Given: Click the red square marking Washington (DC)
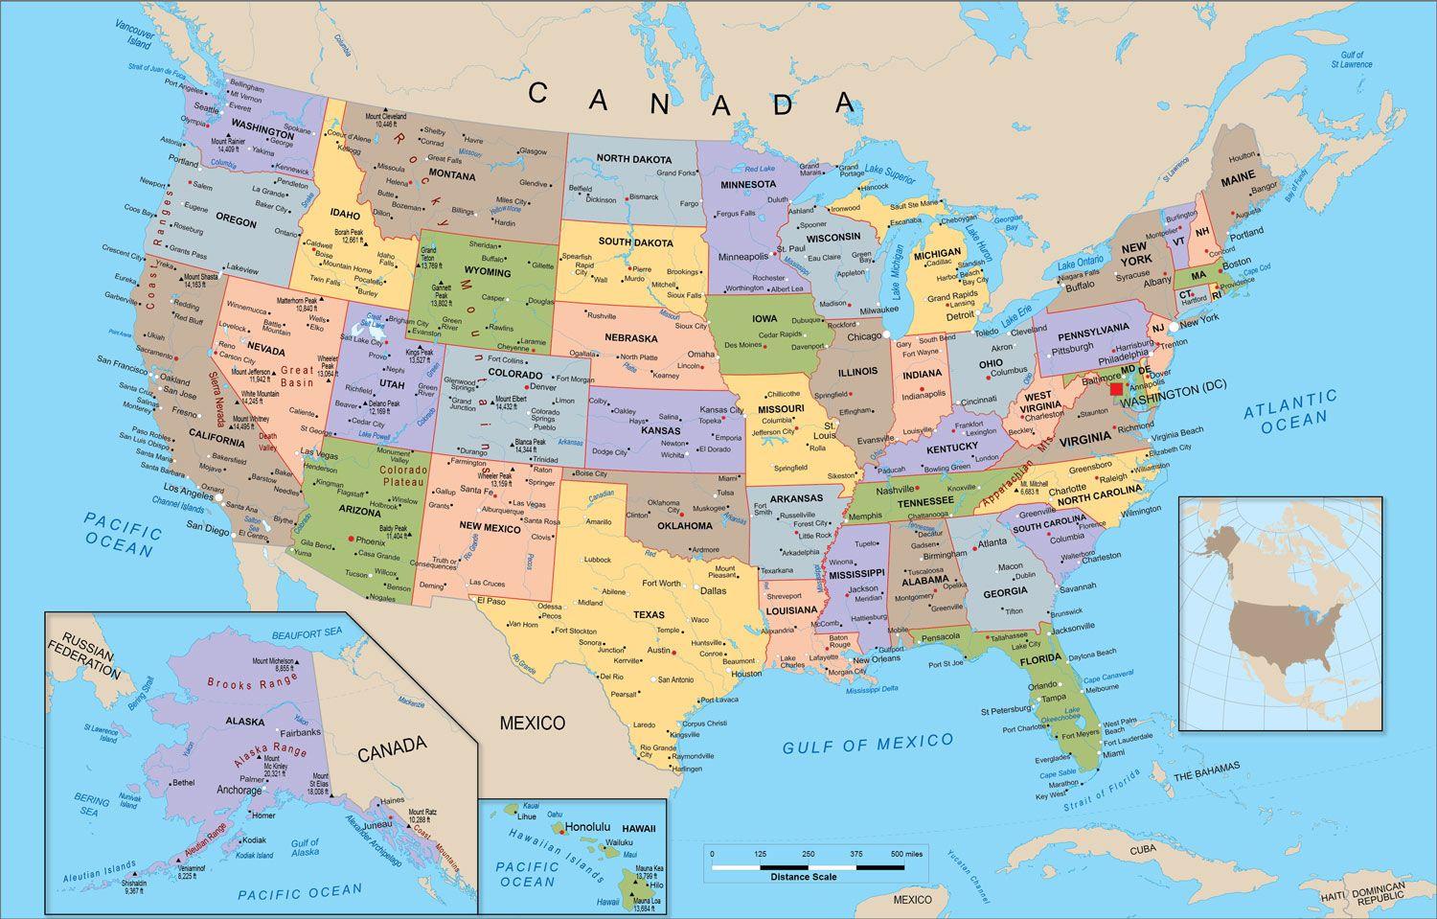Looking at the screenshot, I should [x=1116, y=389].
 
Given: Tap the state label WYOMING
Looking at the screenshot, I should [x=487, y=272].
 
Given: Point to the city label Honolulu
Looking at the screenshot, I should [x=587, y=826].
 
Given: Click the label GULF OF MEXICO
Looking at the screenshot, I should [x=868, y=743].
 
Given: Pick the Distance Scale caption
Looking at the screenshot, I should [x=803, y=877].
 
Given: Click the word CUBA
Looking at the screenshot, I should [x=1142, y=850].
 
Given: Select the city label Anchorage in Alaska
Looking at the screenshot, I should [x=239, y=791].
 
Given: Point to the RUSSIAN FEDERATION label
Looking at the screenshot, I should [x=86, y=654].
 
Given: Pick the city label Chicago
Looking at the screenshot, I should [x=864, y=336].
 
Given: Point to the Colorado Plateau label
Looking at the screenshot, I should [x=402, y=476].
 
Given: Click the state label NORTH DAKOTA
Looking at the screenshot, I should [x=632, y=158].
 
